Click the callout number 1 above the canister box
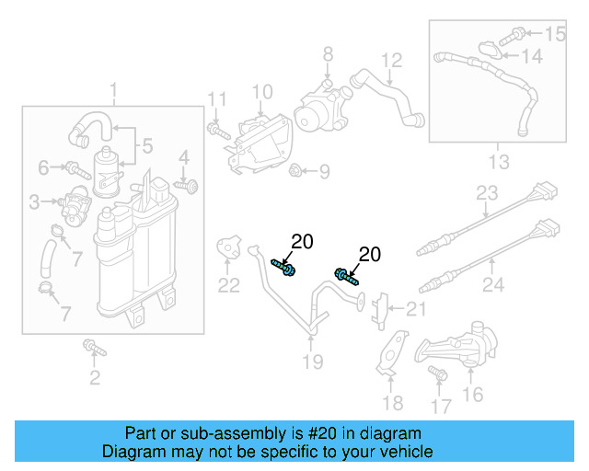click(x=114, y=91)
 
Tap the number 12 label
click(x=392, y=61)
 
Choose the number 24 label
click(x=493, y=286)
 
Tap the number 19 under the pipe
click(x=313, y=362)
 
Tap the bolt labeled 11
click(x=216, y=132)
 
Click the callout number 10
click(x=262, y=92)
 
